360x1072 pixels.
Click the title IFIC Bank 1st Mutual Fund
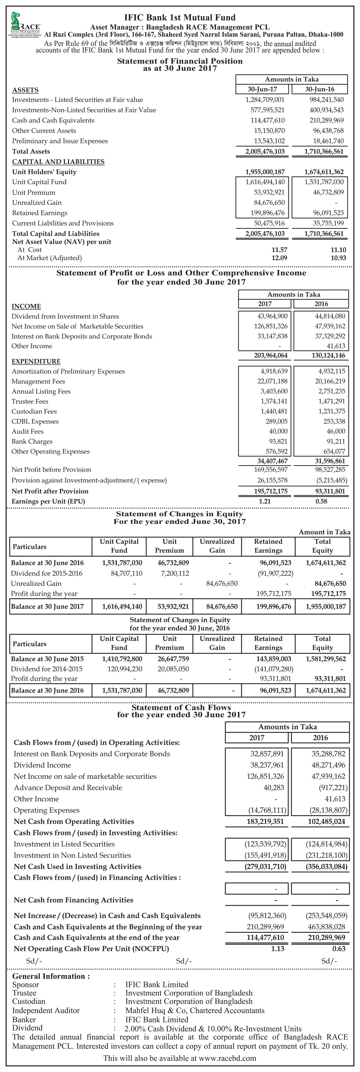tap(180, 17)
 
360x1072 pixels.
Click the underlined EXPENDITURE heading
tap(36, 361)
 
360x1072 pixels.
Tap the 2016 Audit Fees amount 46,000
tap(336, 431)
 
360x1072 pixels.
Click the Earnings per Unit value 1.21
tap(265, 501)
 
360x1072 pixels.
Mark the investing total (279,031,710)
tap(265, 866)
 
